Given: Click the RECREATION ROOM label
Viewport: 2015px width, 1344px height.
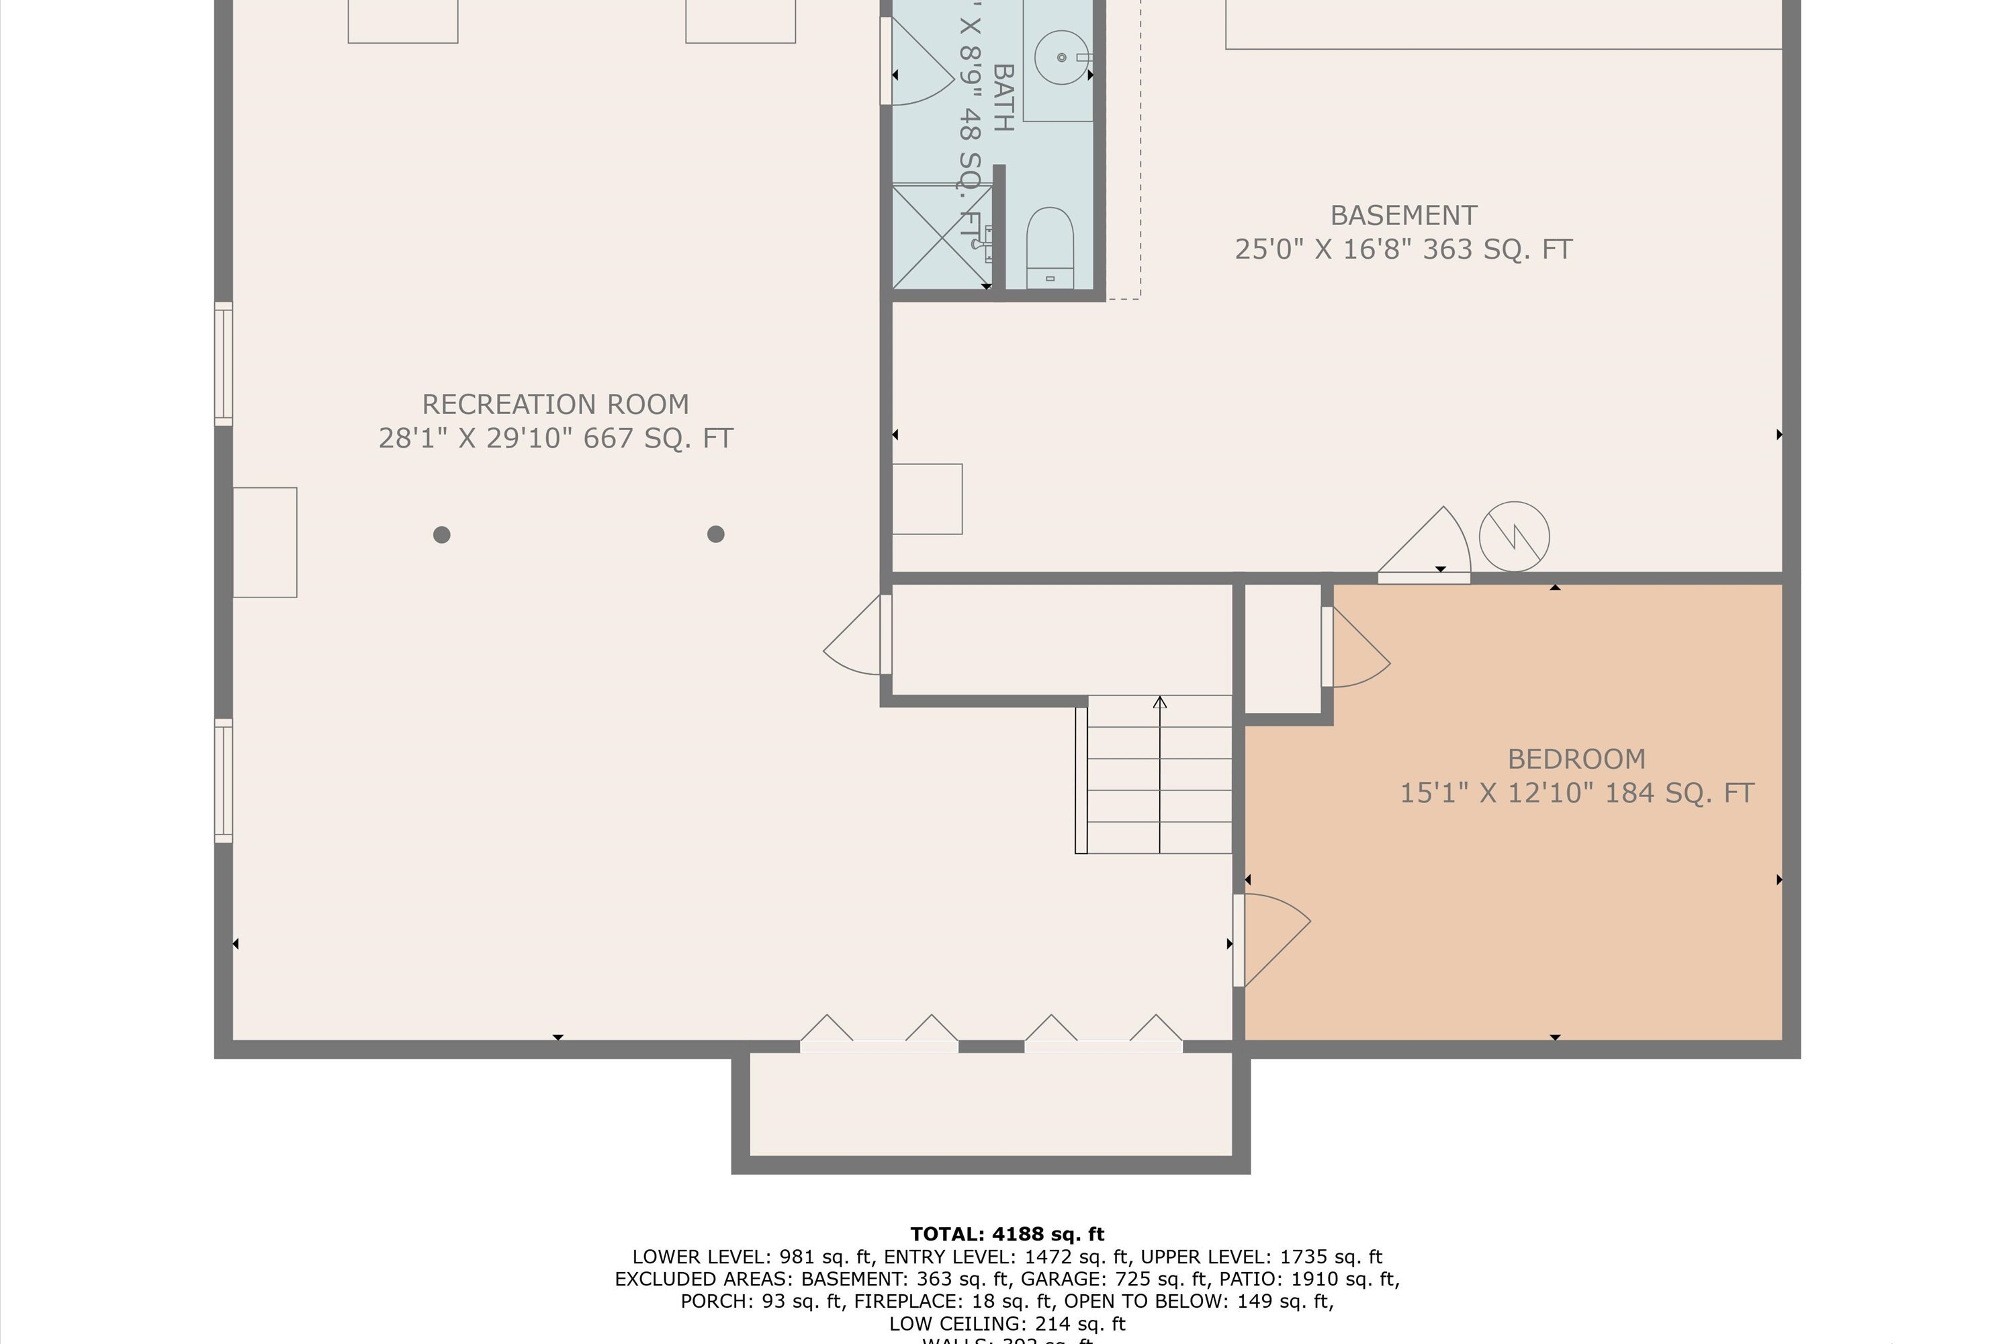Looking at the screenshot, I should tap(555, 405).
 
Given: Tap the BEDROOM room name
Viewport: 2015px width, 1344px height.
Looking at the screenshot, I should tap(1576, 759).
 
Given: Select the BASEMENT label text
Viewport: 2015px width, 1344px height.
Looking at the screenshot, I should tap(1402, 215).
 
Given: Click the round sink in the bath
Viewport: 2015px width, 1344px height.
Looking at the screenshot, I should tap(1061, 57).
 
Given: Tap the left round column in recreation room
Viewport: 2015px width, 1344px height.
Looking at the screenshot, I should tap(441, 535).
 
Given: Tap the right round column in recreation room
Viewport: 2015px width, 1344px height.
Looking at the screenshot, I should tap(715, 535).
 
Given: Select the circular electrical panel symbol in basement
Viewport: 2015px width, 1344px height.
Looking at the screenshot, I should tap(1514, 536).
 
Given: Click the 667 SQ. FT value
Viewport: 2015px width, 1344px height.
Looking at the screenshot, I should tap(658, 439).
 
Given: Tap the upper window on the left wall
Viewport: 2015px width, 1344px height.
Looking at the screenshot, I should tap(223, 364).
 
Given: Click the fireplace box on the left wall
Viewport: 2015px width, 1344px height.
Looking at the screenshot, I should tap(265, 542).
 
